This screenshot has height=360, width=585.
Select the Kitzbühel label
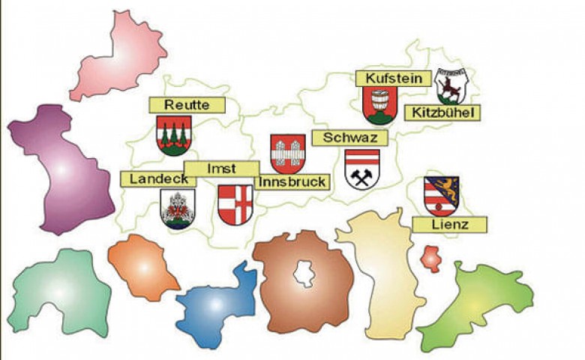442,112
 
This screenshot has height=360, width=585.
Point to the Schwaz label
349,138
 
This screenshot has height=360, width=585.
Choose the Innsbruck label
292,181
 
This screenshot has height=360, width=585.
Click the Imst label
222,168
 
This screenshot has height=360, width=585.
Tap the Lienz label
450,223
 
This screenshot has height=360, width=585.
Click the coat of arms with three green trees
174,135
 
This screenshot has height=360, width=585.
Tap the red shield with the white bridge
287,153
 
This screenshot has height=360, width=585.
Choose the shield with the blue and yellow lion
441,195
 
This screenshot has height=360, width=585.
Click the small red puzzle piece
430,258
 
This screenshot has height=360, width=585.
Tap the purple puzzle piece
60,169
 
